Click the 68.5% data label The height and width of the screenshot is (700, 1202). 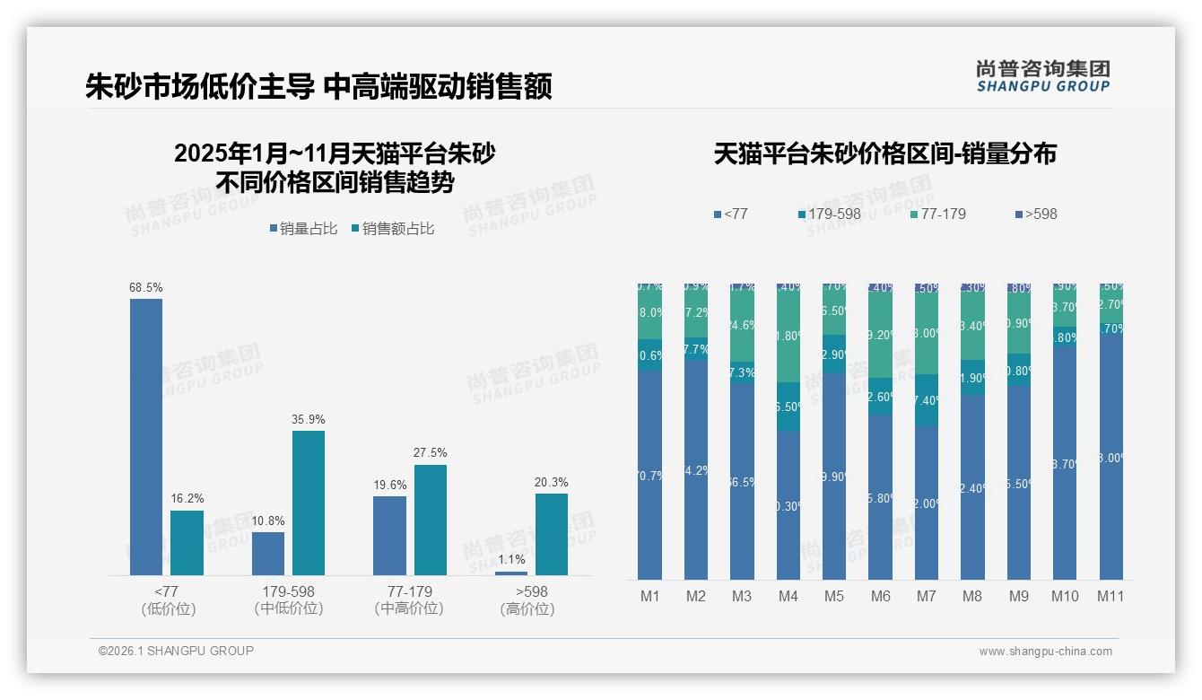point(146,287)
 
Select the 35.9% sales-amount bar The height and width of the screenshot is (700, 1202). point(309,503)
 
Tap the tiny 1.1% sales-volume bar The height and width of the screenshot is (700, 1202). point(511,573)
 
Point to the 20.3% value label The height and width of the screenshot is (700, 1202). point(552,482)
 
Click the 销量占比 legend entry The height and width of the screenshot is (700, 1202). point(302,229)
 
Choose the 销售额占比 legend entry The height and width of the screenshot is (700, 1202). point(392,229)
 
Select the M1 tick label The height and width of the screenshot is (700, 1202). point(649,596)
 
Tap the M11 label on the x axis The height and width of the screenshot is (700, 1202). point(1111,596)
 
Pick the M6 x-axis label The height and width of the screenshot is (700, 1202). point(880,596)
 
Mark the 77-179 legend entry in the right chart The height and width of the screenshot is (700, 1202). point(937,214)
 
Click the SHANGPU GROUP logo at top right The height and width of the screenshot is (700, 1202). point(1042,76)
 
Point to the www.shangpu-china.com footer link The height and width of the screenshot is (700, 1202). point(1045,652)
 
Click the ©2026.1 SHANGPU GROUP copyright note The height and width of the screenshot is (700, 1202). point(176,651)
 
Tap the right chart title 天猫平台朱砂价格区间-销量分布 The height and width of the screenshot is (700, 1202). point(884,153)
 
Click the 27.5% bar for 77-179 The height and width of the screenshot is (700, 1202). point(430,520)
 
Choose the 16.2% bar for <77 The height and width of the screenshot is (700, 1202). point(187,543)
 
